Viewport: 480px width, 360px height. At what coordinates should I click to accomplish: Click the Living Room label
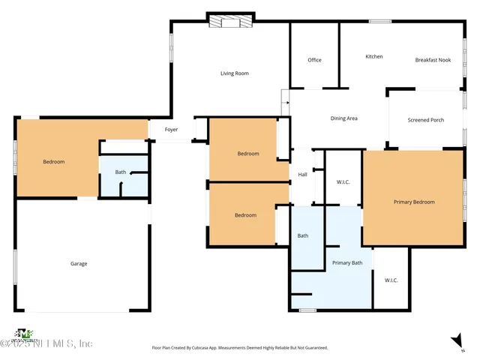(234, 73)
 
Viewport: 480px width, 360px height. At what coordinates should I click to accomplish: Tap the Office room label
(314, 60)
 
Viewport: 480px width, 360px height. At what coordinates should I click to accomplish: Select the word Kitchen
(373, 57)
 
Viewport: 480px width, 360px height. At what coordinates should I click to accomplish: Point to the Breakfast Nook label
(433, 60)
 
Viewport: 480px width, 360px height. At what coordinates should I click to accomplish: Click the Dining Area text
(343, 118)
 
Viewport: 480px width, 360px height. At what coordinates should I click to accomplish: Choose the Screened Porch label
(425, 120)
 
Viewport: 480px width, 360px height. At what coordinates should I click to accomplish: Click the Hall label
(302, 175)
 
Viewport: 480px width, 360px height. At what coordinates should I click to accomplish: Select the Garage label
(79, 263)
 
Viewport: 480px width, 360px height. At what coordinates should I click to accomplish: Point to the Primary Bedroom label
(414, 202)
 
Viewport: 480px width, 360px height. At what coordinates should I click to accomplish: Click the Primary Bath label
(347, 262)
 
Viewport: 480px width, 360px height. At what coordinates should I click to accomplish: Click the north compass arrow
(457, 342)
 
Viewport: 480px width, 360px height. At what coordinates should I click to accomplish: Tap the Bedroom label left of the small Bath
(53, 162)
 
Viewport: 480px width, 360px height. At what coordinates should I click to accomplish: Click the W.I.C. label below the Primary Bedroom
(391, 280)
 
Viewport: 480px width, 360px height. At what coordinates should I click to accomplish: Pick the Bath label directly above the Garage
(120, 172)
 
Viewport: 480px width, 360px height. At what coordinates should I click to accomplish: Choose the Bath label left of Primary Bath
(302, 236)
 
